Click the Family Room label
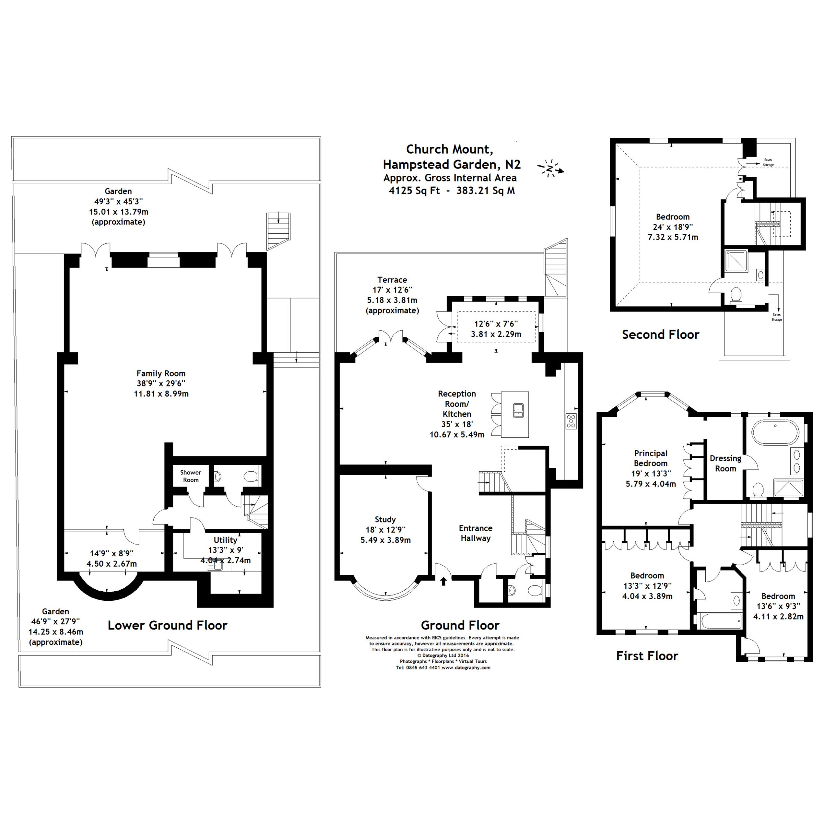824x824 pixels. click(161, 374)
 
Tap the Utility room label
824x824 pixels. click(225, 540)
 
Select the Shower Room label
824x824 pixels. click(190, 476)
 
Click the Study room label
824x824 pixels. click(385, 519)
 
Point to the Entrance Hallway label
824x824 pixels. click(476, 533)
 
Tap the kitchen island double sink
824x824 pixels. click(518, 410)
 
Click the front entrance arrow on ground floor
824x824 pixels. click(444, 581)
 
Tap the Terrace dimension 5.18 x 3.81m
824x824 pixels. click(392, 300)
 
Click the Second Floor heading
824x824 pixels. click(660, 335)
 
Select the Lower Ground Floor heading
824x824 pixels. click(167, 625)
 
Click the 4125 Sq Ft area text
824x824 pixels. click(414, 191)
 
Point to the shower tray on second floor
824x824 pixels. click(737, 261)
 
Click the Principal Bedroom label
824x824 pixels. click(650, 458)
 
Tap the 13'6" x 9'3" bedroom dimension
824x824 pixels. click(778, 606)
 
